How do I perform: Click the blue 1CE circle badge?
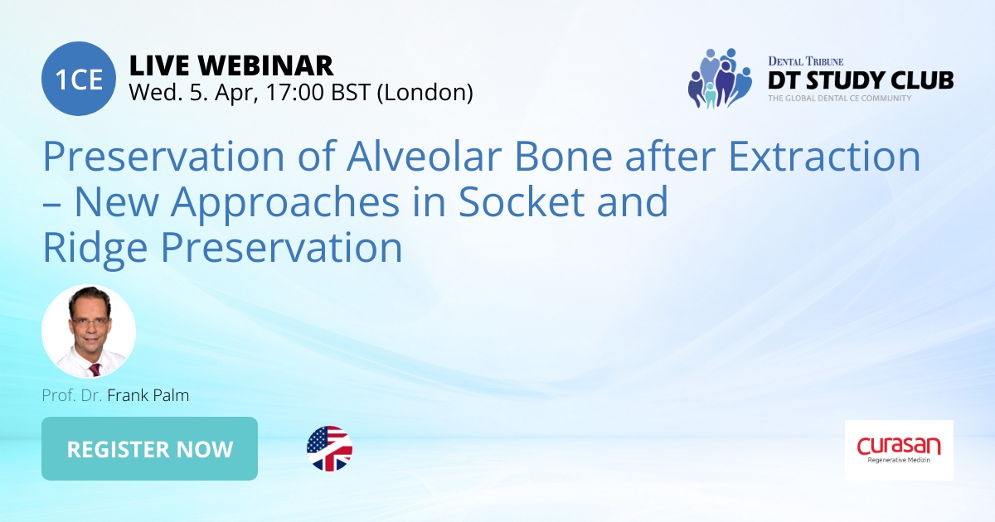pos(78,79)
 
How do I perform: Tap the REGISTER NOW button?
pos(149,449)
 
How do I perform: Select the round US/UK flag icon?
pos(329,449)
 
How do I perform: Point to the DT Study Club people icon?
pos(718,78)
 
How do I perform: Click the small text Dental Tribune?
pos(804,61)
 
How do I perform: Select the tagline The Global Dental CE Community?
pos(839,98)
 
